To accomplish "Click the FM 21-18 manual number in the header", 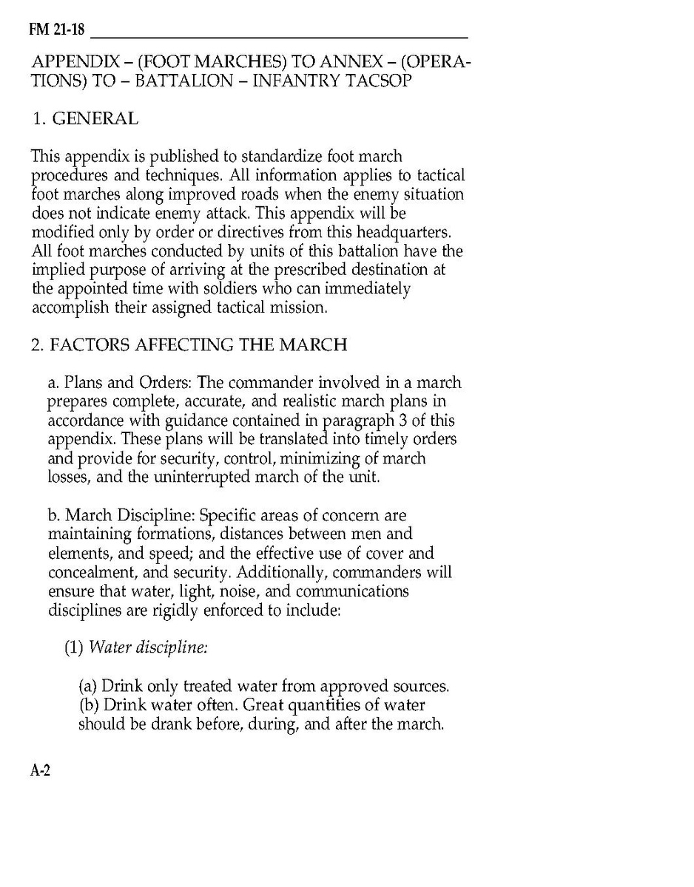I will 58,30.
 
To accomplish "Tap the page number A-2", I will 40,770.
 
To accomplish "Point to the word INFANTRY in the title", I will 294,81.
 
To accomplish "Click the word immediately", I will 357,289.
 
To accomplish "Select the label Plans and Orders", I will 123,383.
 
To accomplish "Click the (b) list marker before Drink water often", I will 90,705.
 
